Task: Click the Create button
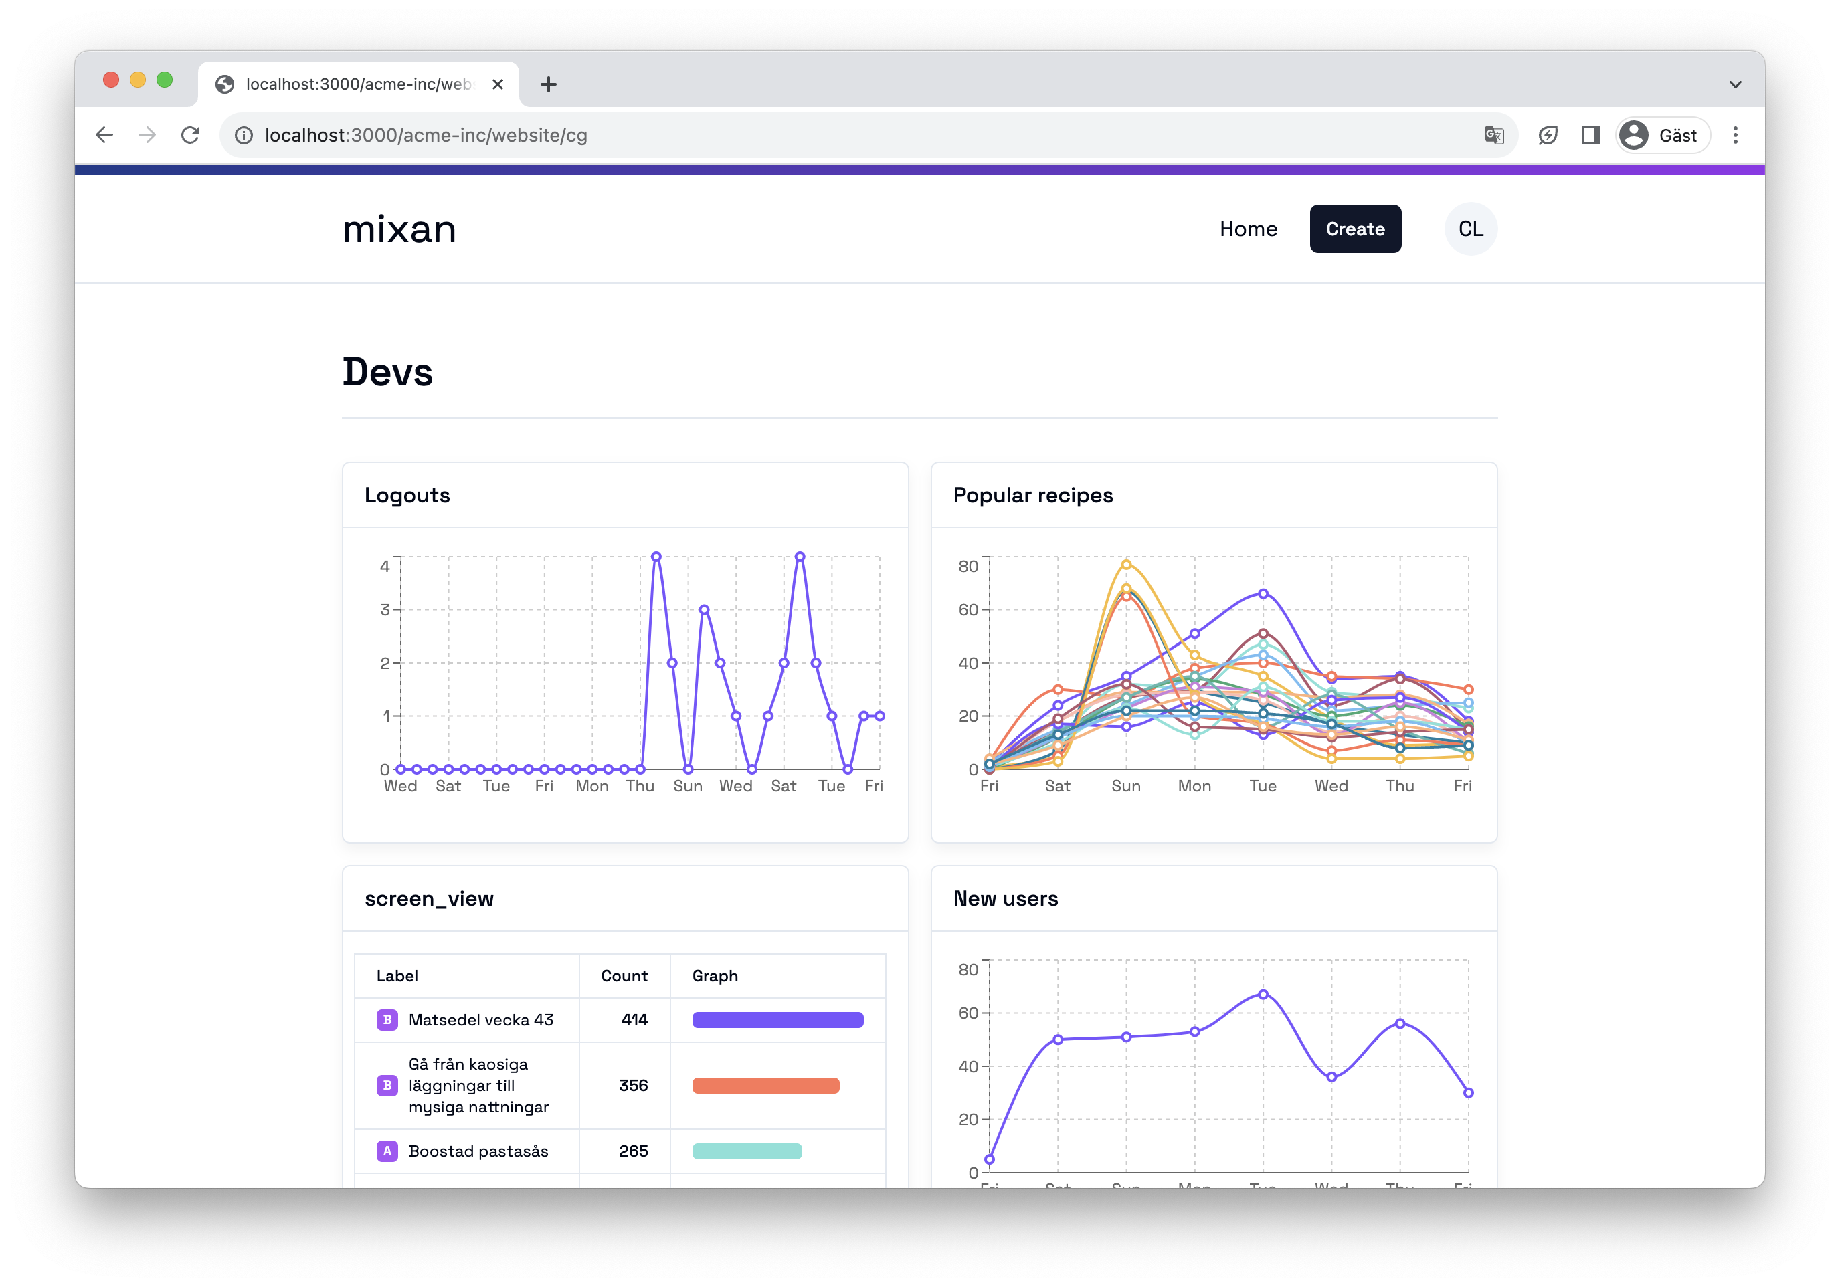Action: click(1354, 229)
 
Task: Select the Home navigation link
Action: click(1248, 229)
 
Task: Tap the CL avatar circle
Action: click(1470, 229)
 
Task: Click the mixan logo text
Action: click(399, 230)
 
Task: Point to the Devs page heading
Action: click(388, 373)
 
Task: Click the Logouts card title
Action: click(407, 495)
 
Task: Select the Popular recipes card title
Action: click(1032, 495)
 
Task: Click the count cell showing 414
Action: click(634, 1020)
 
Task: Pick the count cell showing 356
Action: click(633, 1086)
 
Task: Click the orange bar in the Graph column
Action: click(765, 1086)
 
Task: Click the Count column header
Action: click(624, 976)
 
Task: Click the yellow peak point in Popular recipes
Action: click(1126, 564)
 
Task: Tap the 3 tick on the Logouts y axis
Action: click(385, 610)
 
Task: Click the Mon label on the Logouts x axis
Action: click(591, 786)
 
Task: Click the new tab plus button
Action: click(548, 84)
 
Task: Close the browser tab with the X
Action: click(498, 84)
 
